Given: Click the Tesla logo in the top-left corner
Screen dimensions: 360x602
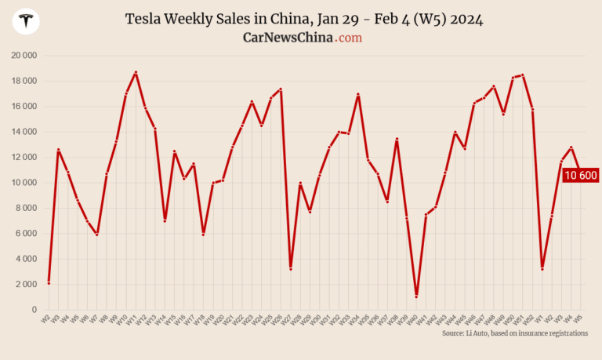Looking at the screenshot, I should point(28,22).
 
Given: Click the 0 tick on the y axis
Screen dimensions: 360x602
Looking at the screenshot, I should point(34,310).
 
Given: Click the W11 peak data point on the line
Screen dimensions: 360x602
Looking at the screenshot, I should point(136,72).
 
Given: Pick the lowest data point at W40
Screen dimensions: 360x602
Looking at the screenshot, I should point(416,296).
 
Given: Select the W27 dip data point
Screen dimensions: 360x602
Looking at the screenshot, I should point(291,269).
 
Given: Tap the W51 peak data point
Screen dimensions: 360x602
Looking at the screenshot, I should point(523,75).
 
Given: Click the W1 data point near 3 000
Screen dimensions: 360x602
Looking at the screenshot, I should point(542,269).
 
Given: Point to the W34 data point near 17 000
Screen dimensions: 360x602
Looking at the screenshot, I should point(358,94).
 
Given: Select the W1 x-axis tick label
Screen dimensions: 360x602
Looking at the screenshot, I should point(540,319).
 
